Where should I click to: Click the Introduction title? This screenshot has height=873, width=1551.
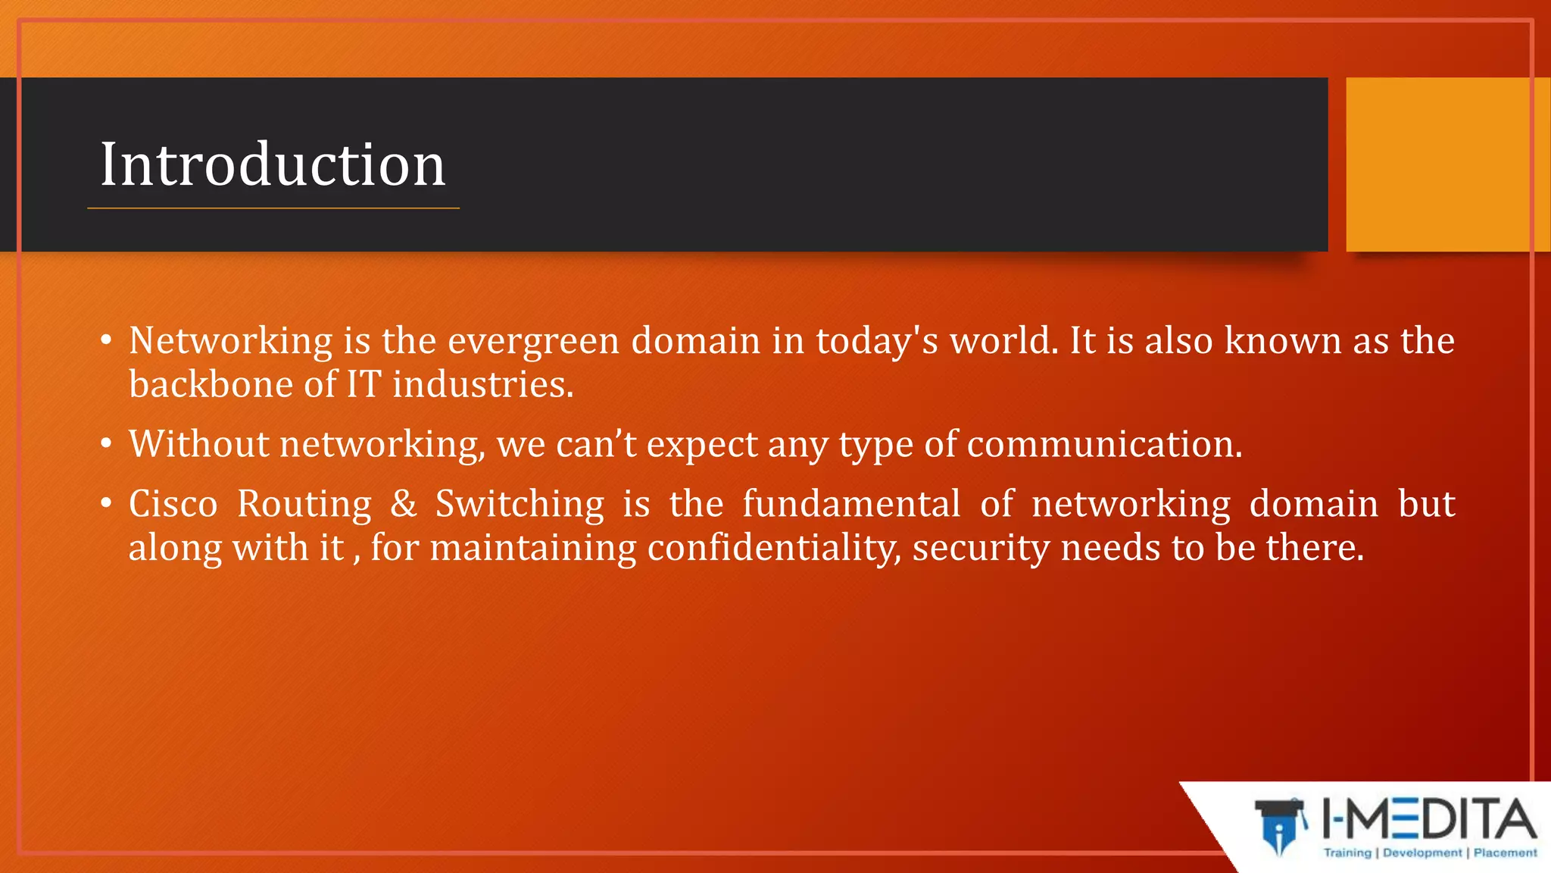(273, 164)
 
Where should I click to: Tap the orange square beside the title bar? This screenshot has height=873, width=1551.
(1446, 164)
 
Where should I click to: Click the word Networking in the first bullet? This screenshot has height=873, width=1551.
(230, 341)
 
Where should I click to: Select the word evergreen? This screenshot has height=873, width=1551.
(533, 341)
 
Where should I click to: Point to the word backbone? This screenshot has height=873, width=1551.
(211, 384)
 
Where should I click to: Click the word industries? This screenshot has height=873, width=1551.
(482, 384)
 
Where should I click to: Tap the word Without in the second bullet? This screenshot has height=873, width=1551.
(198, 444)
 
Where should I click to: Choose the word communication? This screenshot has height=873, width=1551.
(1103, 444)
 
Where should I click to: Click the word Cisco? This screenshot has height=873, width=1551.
(173, 504)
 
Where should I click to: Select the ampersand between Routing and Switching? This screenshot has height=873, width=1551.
(404, 504)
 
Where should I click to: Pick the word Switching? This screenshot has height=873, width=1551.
(520, 504)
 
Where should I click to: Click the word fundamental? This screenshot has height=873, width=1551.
(851, 504)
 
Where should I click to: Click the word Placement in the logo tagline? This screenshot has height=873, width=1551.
(1505, 853)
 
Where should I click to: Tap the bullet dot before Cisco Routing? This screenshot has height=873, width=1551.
(107, 502)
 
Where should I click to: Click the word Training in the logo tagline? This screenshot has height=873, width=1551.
(1347, 853)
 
